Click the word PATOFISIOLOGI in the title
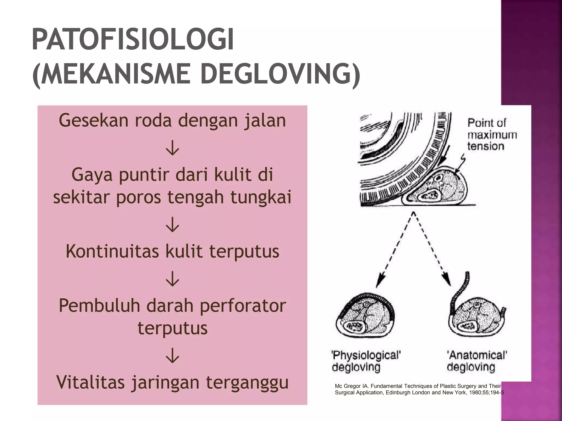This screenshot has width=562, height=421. [x=133, y=40]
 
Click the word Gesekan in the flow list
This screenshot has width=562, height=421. [x=94, y=121]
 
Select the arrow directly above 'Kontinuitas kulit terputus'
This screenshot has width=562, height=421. [x=172, y=225]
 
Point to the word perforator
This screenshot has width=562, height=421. [x=243, y=306]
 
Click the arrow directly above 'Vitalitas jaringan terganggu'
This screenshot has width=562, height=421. [x=172, y=355]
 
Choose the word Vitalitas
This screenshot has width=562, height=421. [x=91, y=382]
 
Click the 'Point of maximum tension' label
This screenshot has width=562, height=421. [x=492, y=135]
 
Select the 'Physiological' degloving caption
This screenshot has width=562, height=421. [x=366, y=361]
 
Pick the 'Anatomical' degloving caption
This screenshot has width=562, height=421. [x=476, y=361]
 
